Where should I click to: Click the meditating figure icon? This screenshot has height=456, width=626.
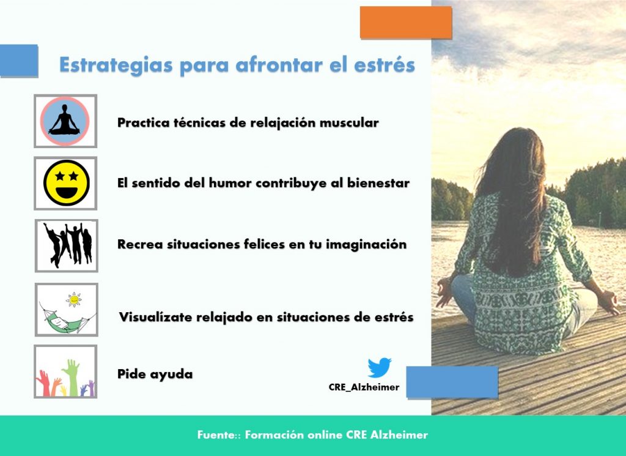[65, 121]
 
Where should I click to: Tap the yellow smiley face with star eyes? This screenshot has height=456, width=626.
[66, 182]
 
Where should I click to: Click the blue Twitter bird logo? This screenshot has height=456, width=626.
[379, 368]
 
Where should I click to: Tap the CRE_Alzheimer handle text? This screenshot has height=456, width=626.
[364, 387]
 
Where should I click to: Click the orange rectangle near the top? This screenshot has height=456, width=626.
[405, 22]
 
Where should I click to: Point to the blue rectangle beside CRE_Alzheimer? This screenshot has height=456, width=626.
[452, 382]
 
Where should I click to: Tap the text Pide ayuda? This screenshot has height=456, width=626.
[155, 373]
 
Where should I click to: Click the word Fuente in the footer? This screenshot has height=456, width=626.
[213, 435]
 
